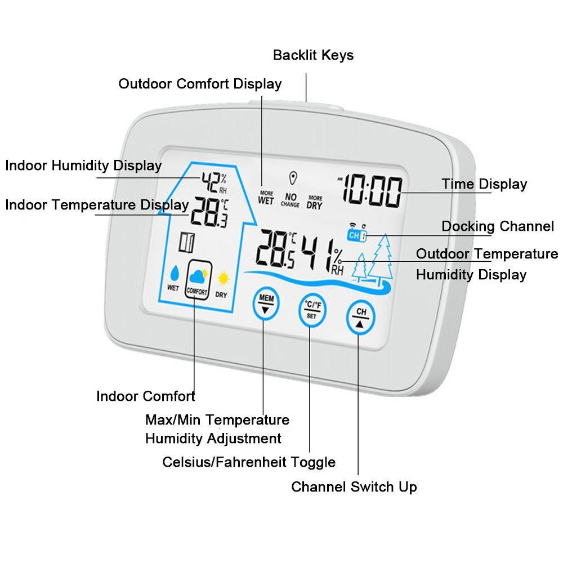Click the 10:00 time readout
click(x=373, y=191)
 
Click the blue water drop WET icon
click(x=174, y=275)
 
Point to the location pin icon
click(x=292, y=178)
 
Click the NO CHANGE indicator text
click(x=291, y=200)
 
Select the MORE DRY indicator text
click(x=315, y=202)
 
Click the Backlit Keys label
click(x=313, y=55)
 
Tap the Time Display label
click(x=484, y=184)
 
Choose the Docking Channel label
click(x=498, y=226)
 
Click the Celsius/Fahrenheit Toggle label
click(x=249, y=462)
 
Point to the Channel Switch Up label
click(x=354, y=486)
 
